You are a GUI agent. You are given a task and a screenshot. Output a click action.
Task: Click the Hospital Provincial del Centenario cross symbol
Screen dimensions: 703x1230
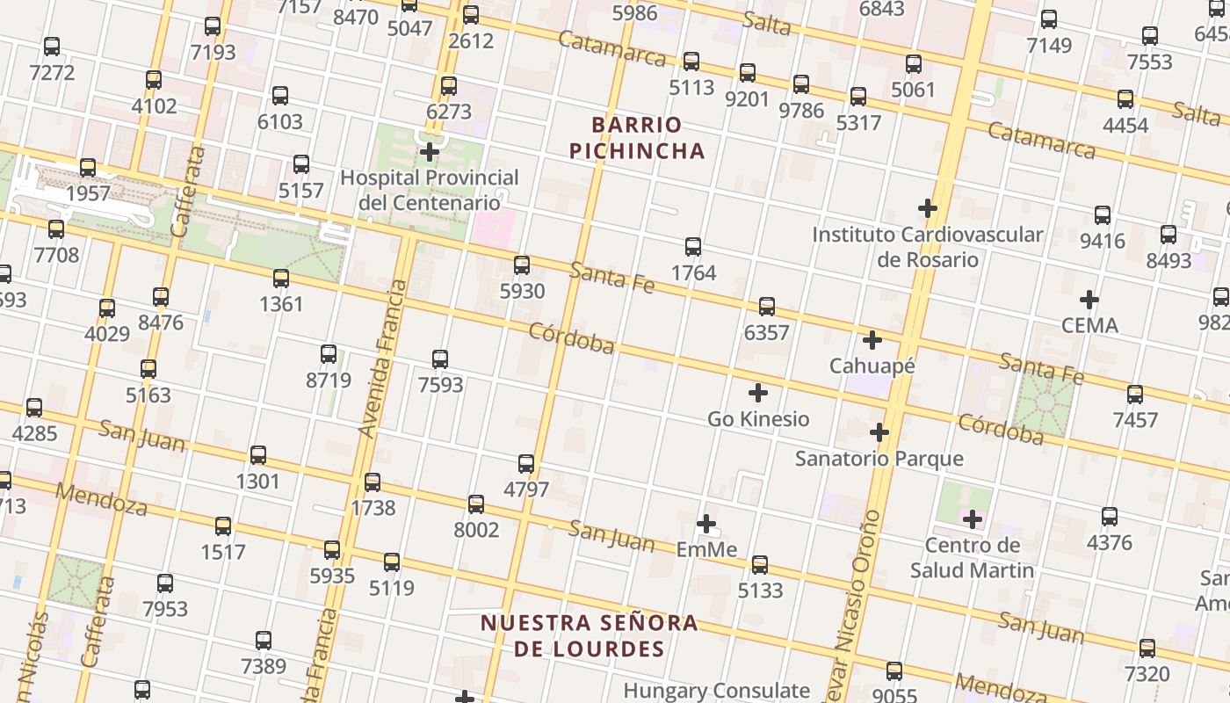(430, 152)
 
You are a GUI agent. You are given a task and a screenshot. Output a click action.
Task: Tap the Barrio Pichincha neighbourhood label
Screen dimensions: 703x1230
(637, 138)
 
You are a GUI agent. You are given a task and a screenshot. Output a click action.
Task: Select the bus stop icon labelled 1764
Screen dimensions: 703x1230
(693, 247)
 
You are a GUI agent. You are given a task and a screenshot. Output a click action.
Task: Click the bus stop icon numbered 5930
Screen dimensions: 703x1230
(522, 265)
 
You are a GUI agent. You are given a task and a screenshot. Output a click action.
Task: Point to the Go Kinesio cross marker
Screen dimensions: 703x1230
(758, 393)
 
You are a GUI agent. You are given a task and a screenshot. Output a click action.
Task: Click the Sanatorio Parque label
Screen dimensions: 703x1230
(879, 459)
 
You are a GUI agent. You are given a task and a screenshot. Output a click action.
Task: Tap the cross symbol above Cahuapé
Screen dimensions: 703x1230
(872, 340)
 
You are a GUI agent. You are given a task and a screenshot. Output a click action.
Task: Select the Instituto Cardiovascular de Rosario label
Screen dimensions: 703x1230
(927, 247)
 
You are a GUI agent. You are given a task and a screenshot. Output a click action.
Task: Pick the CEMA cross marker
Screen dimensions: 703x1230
(1089, 300)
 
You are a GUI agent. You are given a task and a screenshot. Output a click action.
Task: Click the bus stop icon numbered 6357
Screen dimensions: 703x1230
(767, 307)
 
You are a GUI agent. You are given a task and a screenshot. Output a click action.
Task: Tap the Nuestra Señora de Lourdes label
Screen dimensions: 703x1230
(589, 636)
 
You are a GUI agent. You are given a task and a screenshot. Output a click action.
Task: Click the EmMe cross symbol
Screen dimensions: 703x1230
(706, 525)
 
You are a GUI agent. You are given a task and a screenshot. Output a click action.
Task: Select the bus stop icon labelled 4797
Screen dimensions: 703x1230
(526, 464)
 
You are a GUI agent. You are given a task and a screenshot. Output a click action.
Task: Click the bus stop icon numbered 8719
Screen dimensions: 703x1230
(329, 354)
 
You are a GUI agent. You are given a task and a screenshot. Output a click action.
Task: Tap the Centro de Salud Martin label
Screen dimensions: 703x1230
(972, 558)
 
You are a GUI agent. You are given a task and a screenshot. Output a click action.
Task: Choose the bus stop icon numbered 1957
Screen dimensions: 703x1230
(88, 168)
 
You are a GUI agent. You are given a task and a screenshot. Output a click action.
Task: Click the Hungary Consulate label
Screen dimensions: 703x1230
(716, 691)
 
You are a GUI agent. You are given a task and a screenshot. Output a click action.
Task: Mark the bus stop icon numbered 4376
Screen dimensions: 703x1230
(1110, 517)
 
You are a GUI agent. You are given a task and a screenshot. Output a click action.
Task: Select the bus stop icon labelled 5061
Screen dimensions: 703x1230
(914, 64)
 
